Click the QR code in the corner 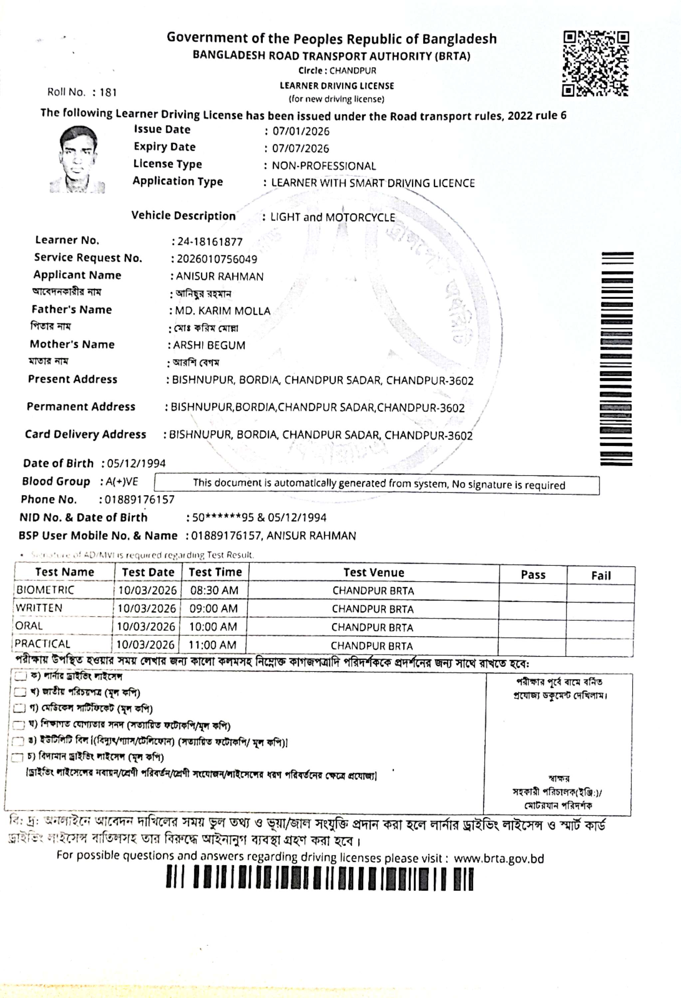(595, 64)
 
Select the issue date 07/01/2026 (301, 131)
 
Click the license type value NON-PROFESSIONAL (324, 166)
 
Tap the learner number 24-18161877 (210, 242)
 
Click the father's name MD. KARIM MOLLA (223, 311)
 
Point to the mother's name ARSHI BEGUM (209, 345)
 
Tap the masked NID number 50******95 (223, 518)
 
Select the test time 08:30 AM (214, 590)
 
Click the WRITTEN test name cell (39, 608)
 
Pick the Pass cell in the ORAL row (532, 627)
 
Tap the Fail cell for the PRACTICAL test (599, 645)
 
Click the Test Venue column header (373, 573)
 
